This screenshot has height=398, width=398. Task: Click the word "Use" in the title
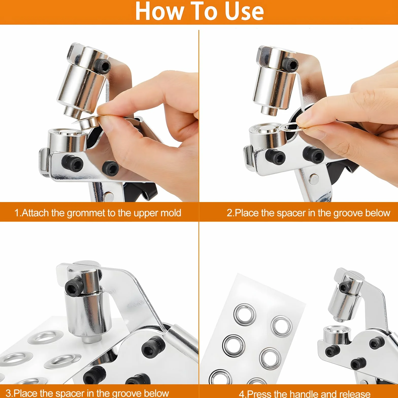244,11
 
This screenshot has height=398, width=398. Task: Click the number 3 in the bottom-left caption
8,393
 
